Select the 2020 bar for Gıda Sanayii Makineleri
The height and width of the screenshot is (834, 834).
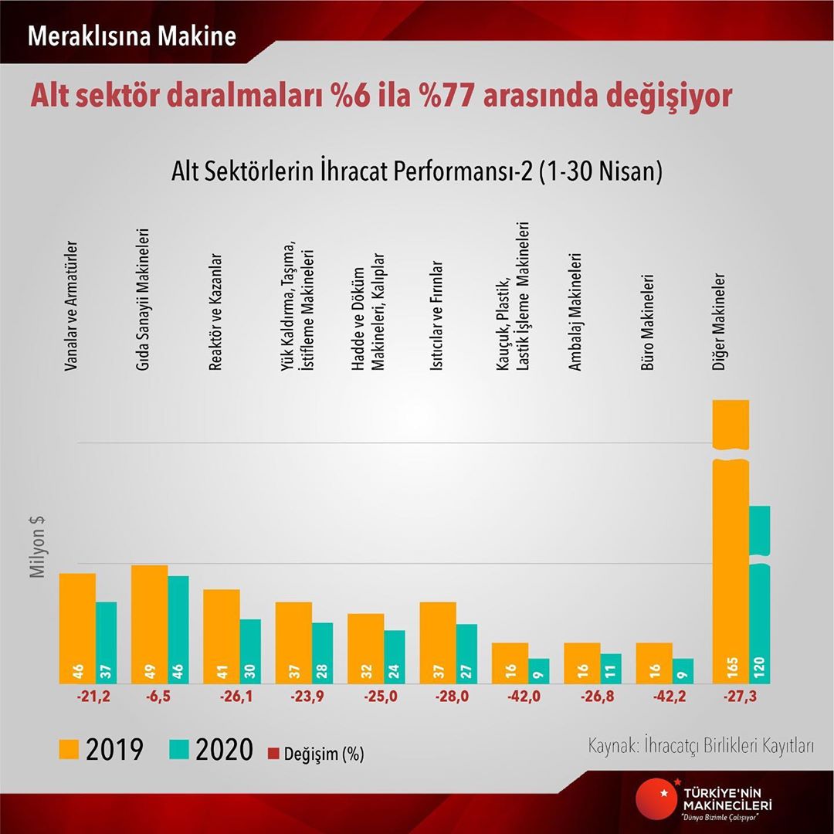click(178, 629)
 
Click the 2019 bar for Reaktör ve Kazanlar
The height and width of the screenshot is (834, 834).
click(222, 635)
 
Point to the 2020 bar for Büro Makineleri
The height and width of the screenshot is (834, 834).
click(683, 670)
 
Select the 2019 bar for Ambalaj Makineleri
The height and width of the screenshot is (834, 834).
click(582, 662)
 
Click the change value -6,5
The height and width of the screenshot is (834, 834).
click(161, 697)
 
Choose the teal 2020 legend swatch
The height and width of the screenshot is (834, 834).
click(180, 749)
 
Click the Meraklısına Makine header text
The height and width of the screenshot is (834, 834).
click(131, 36)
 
